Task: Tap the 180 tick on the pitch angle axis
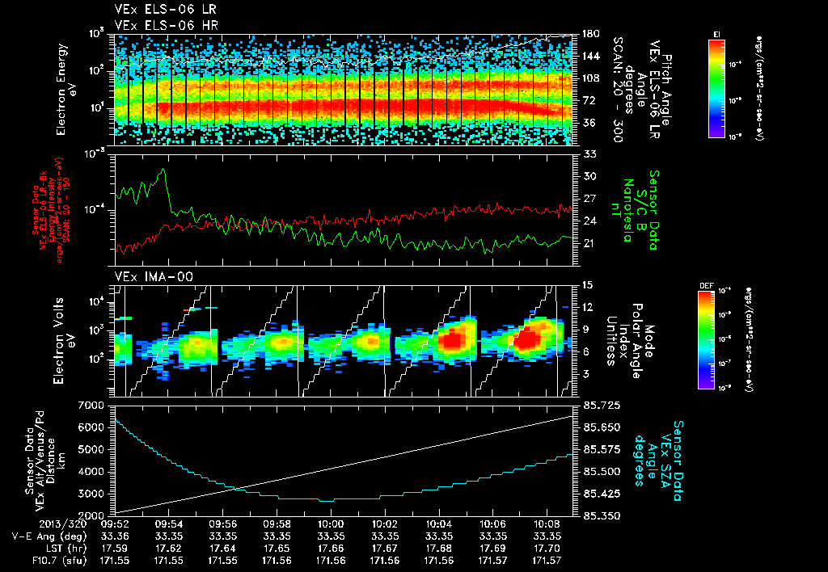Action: click(589, 33)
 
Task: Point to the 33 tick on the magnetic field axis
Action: click(589, 153)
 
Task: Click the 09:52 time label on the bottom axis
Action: click(114, 524)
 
